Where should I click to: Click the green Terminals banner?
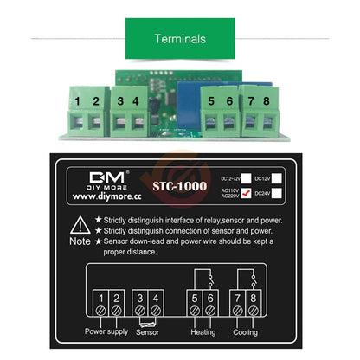(179, 39)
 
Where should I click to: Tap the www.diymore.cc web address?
(103, 197)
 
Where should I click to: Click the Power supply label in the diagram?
(106, 330)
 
